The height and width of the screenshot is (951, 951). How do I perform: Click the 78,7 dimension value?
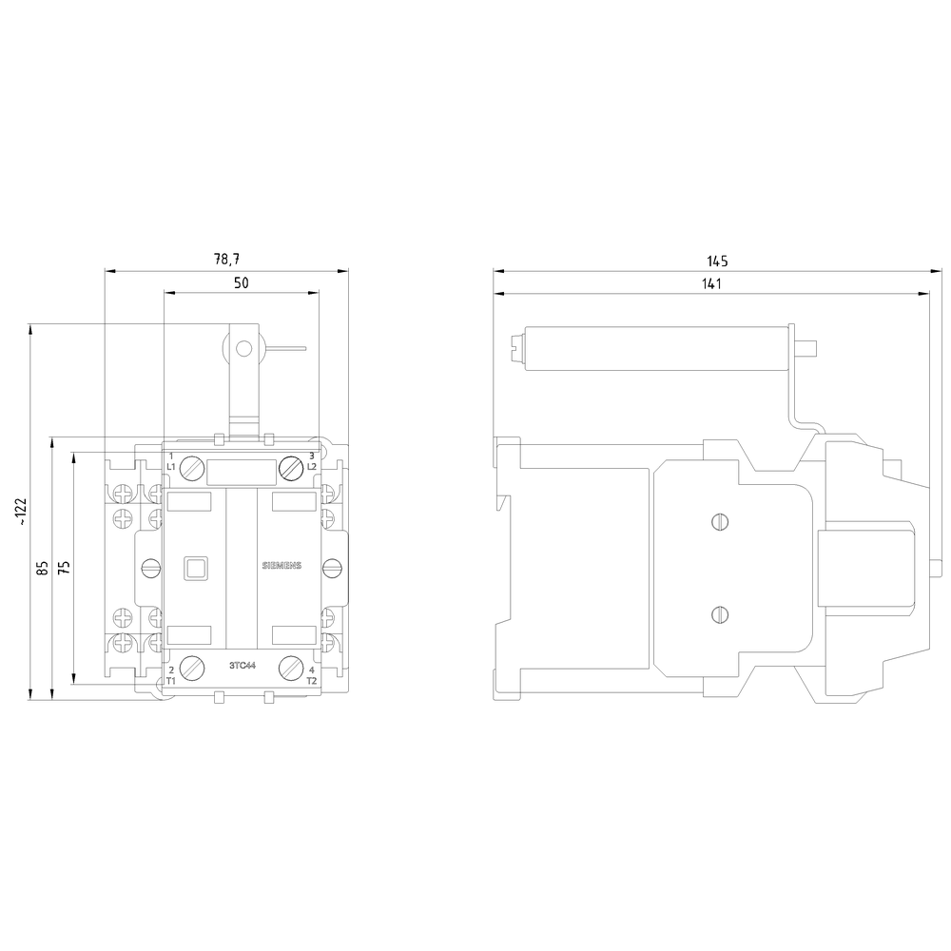pos(227,260)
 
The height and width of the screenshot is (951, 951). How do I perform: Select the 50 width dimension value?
pos(242,282)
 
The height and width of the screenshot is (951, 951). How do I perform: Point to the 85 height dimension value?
pos(43,569)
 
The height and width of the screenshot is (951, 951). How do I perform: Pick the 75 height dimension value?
pos(65,567)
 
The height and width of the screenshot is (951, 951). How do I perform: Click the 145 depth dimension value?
pos(717,262)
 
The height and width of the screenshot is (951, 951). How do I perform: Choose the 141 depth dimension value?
pos(711,283)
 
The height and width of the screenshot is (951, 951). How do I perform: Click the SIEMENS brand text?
pos(281,566)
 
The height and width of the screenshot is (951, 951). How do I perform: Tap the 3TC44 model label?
pos(243,666)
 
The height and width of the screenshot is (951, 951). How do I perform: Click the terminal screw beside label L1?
pos(193,468)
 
